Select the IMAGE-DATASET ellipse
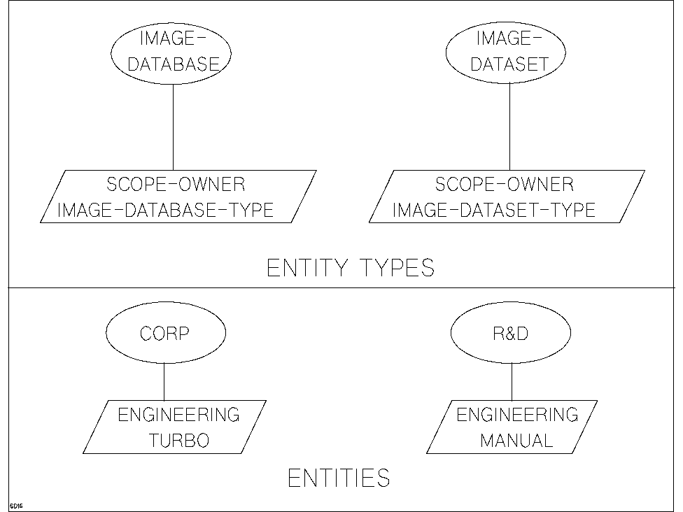click(509, 53)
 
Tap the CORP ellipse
click(165, 334)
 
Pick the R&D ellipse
click(511, 334)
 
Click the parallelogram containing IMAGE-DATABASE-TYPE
click(177, 197)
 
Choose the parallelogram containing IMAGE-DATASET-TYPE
click(506, 197)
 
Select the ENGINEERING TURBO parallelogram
click(174, 427)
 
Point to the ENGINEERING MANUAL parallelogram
click(512, 427)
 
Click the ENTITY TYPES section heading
click(351, 269)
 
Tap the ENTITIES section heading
click(339, 478)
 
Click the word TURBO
click(178, 441)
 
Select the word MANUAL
click(516, 441)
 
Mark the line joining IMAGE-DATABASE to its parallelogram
click(173, 129)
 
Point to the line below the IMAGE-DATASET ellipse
click(509, 129)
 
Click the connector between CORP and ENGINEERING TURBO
click(164, 381)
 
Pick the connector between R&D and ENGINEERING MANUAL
click(512, 381)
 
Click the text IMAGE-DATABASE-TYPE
click(165, 210)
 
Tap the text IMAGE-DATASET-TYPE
click(494, 210)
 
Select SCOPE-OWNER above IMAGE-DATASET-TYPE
click(505, 185)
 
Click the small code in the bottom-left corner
click(16, 505)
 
